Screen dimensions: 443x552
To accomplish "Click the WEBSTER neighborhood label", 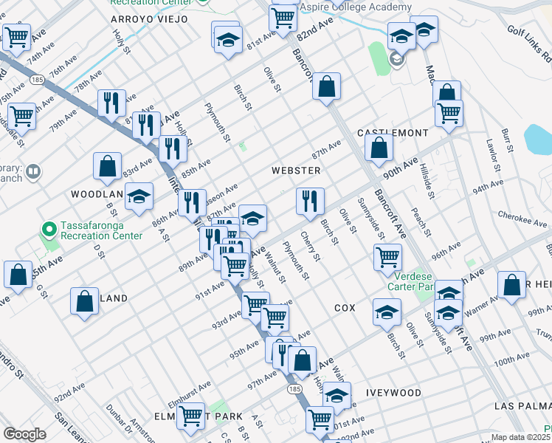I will [296, 171].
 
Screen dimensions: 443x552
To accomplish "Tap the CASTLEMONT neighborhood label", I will [393, 133].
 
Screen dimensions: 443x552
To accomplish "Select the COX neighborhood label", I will [345, 307].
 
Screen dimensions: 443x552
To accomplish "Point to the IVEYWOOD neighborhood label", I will [396, 393].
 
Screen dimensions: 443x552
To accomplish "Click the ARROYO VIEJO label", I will [149, 18].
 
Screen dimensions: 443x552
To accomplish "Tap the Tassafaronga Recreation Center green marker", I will [49, 230].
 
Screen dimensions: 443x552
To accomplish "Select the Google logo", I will [24, 434].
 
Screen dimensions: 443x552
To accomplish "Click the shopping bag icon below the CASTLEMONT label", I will [379, 148].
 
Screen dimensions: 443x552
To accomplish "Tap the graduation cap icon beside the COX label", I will [387, 311].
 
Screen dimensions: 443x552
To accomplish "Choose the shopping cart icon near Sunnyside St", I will [387, 257].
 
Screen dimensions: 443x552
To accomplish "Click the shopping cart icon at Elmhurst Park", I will [191, 416].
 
